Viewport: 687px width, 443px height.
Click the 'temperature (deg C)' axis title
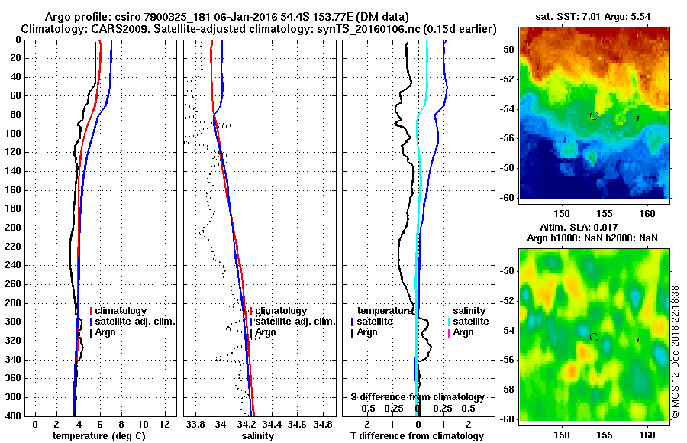point(98,435)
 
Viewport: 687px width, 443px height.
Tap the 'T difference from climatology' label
point(417,435)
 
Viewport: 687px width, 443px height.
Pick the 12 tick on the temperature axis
point(163,424)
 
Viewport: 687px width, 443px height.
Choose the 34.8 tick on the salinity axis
point(324,424)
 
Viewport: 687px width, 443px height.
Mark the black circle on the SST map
point(594,115)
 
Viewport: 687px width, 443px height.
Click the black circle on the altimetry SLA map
point(594,337)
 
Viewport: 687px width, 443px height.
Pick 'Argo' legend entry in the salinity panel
point(266,332)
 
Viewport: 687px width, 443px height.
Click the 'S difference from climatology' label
point(417,397)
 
